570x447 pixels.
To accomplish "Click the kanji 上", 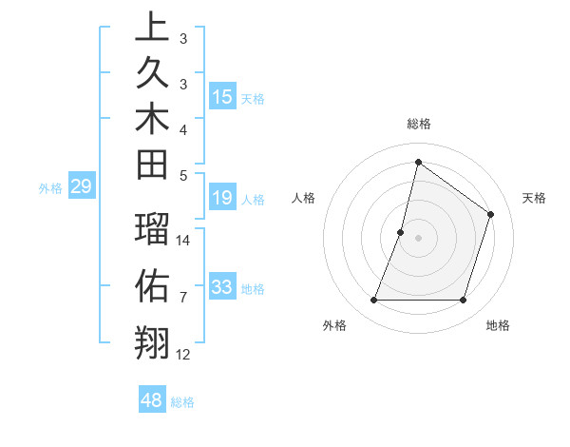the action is [x=152, y=27].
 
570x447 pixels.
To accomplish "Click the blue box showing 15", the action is [x=222, y=97].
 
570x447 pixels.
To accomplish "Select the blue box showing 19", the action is [x=222, y=199].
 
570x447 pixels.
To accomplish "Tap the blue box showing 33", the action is [x=222, y=287].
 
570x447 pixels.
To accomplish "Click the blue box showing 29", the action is [x=81, y=186].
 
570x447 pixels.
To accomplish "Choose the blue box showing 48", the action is [x=152, y=400].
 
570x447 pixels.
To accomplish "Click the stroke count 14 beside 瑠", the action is [x=183, y=240].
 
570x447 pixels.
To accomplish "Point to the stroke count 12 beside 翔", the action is [x=183, y=355].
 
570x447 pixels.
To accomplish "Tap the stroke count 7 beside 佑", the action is [x=183, y=298].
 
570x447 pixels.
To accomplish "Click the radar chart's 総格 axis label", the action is [x=418, y=125].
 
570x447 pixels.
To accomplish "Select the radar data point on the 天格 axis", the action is [x=491, y=214].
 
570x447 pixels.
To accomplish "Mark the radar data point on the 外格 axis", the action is [x=373, y=301].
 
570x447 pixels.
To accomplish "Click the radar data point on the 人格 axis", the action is [x=401, y=232].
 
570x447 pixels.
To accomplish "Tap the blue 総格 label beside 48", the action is [x=182, y=402].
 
